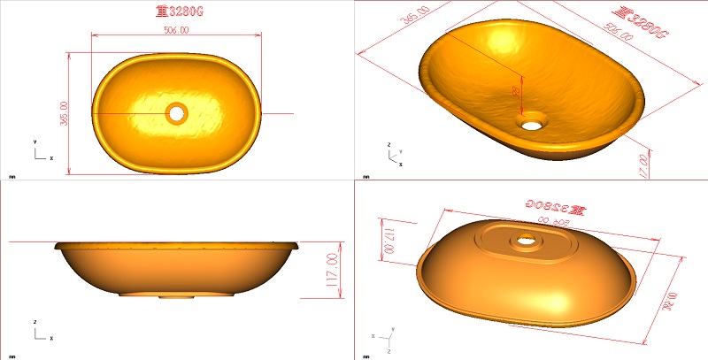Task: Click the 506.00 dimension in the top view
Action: (176, 30)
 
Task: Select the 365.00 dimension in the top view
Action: (63, 113)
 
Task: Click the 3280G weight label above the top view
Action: (176, 11)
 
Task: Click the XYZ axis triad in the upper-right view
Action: (395, 156)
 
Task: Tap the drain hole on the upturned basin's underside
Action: (527, 238)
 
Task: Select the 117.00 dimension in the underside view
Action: (388, 240)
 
